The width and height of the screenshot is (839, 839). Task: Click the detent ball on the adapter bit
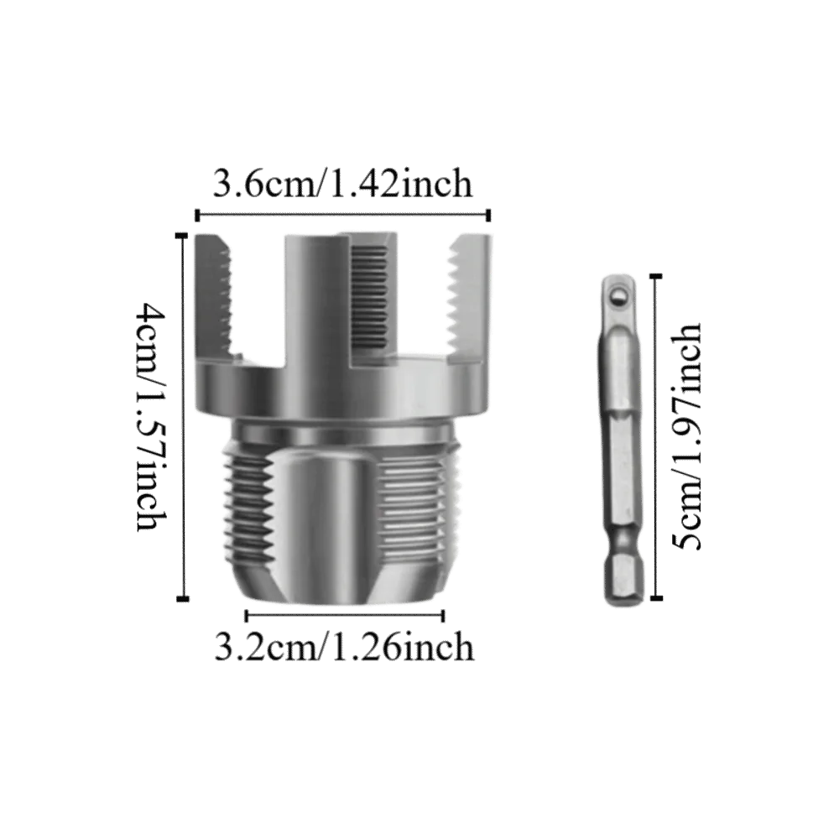[618, 294]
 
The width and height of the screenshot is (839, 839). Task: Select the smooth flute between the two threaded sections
[319, 520]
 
